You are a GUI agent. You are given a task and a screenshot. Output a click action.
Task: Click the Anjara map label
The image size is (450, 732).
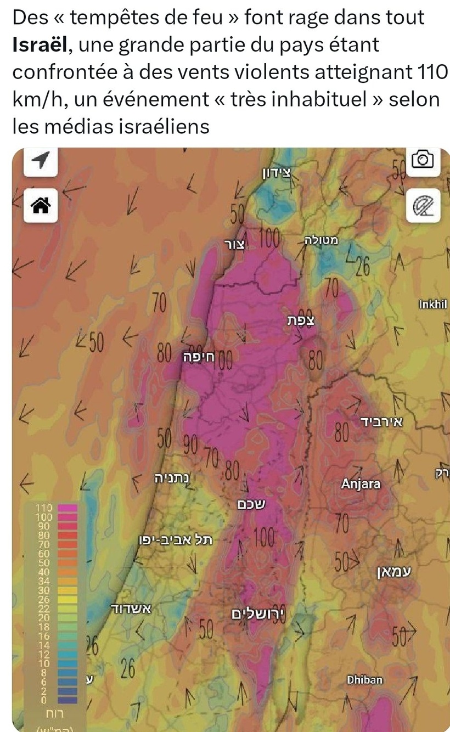(x=361, y=484)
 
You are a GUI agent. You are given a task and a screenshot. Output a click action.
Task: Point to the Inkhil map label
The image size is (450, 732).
(x=433, y=305)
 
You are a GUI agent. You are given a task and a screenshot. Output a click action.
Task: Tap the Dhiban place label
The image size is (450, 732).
(x=365, y=680)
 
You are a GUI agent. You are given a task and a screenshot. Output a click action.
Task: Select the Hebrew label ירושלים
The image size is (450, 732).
(x=256, y=613)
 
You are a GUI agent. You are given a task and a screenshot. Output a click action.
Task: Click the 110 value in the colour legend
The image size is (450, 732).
(x=43, y=509)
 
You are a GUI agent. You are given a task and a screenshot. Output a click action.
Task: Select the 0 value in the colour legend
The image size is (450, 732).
(x=44, y=701)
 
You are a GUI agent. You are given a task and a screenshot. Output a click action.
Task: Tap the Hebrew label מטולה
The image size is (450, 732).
(x=322, y=240)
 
